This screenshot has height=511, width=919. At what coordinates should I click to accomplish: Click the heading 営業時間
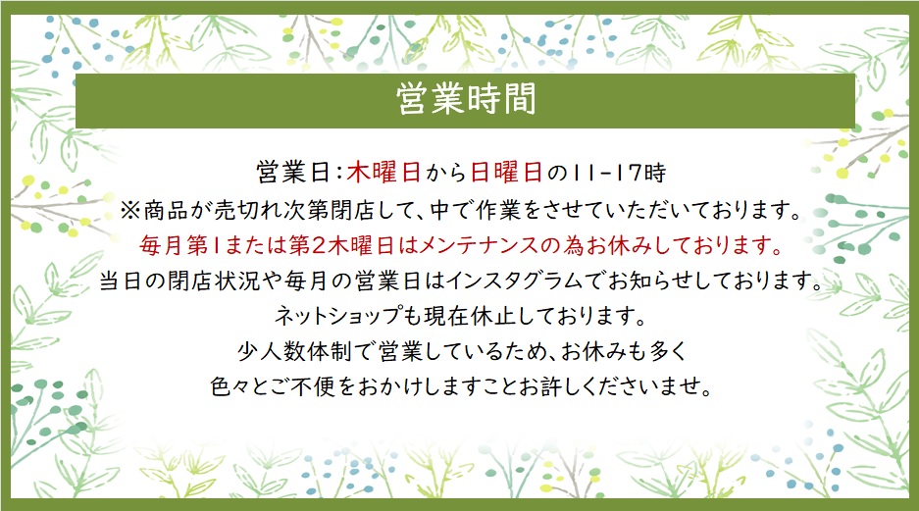pos(466,98)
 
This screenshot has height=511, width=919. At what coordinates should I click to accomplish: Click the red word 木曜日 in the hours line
pos(383,173)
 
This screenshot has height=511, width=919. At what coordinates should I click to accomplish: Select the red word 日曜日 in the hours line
pos(506,173)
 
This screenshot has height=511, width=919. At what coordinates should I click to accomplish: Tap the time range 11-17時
pos(619,173)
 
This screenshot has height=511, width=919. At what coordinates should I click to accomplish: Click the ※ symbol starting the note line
pos(130,210)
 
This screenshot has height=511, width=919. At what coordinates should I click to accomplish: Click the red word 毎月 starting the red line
pos(161,245)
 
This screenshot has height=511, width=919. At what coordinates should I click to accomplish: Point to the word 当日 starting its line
pos(121,281)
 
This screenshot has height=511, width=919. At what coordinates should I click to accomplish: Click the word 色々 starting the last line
pos(230,386)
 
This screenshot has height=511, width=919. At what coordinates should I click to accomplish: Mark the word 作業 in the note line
pos(498,210)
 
